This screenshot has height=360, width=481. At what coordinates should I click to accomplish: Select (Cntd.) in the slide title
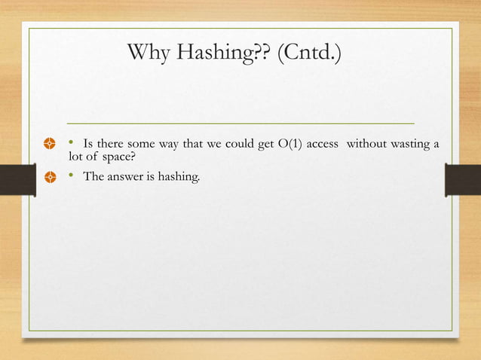point(309,54)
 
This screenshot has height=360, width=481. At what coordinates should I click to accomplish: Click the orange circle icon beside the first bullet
point(50,143)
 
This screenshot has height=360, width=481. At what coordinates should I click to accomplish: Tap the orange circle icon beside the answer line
point(50,178)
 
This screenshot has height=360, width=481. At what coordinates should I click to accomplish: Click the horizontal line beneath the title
point(240,122)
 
